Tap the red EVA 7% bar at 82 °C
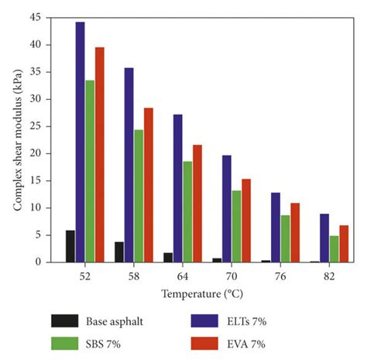[345, 244]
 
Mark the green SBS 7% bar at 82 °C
[334, 248]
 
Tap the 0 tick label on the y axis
[39, 262]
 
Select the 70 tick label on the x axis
[231, 276]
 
